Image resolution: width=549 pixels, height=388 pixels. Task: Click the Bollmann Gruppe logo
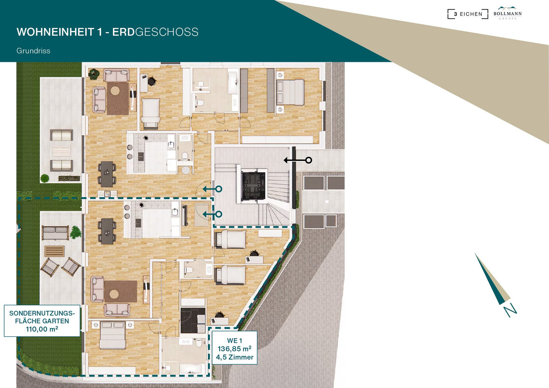(x=507, y=13)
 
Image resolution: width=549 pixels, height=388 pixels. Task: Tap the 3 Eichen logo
(x=468, y=14)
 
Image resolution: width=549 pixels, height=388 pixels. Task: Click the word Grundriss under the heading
(x=33, y=51)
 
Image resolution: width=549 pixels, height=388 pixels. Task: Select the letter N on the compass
(x=510, y=310)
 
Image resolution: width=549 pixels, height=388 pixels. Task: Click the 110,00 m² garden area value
(x=42, y=329)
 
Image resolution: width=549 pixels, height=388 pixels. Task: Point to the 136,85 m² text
(x=235, y=349)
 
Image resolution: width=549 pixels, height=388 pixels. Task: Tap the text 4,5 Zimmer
(x=235, y=357)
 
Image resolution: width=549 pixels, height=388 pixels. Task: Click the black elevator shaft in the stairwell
(x=253, y=184)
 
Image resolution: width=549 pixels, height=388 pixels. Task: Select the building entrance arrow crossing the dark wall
(x=298, y=160)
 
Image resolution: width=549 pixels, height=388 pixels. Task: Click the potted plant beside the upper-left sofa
(x=94, y=74)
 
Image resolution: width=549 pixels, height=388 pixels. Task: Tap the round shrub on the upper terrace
(x=45, y=178)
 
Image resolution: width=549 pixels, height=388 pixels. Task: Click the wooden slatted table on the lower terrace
(x=54, y=251)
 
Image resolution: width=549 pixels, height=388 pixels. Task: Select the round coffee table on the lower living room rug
(x=114, y=294)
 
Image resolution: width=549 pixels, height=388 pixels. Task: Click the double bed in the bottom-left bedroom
(x=113, y=335)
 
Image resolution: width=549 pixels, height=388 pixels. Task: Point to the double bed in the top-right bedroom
(x=290, y=92)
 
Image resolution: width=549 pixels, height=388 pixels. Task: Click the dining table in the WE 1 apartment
(x=107, y=231)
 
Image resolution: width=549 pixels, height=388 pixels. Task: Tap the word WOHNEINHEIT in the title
(x=55, y=32)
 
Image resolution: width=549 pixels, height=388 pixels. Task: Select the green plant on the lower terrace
(x=75, y=232)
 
